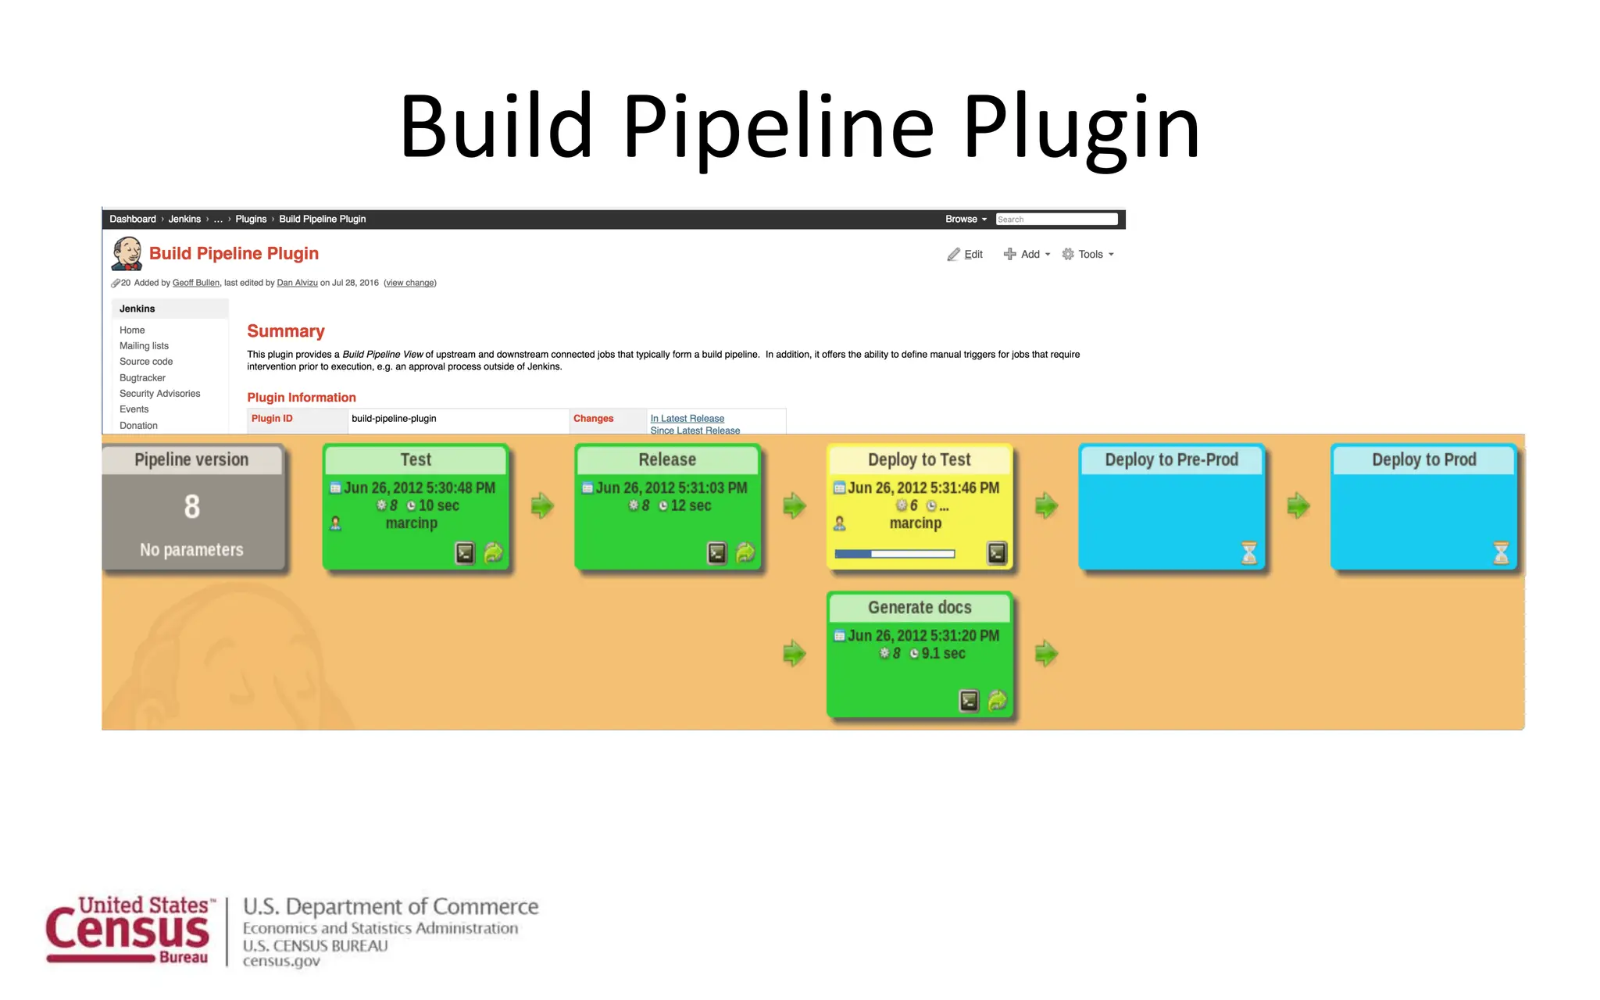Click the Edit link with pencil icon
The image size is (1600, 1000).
coord(966,255)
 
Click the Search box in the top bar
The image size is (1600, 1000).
coord(1055,220)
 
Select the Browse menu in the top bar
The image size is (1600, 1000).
coord(966,220)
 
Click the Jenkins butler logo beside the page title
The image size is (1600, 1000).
coord(127,254)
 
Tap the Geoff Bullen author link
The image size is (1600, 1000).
coord(195,283)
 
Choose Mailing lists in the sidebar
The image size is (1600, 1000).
coord(144,346)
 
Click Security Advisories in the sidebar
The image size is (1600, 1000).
coord(159,394)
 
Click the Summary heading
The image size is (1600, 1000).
coord(285,331)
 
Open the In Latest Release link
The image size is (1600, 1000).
coord(687,419)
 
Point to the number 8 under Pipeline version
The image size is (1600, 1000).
coord(192,507)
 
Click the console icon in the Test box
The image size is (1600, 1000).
coord(465,553)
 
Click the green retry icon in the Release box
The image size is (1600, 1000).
coord(745,553)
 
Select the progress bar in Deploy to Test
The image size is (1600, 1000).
coord(895,554)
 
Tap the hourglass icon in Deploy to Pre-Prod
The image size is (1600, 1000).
coord(1249,553)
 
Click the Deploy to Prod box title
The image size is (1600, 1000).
coord(1423,460)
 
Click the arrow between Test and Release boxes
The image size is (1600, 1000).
coord(542,505)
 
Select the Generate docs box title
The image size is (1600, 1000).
coord(920,608)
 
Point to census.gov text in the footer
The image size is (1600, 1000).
coord(281,962)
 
